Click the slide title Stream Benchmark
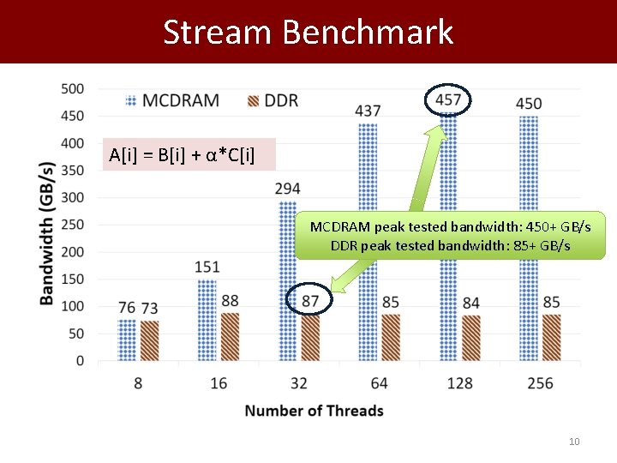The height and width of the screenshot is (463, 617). [308, 32]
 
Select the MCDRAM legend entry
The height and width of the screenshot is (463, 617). [171, 100]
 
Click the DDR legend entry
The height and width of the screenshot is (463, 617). [272, 100]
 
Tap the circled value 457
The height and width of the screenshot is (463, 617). [448, 100]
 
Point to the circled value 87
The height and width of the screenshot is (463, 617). [310, 300]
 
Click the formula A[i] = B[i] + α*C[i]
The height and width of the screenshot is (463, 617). [182, 155]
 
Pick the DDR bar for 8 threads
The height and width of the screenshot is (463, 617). [149, 340]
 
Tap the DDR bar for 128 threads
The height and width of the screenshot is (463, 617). [470, 338]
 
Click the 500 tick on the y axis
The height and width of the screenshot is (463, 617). [72, 88]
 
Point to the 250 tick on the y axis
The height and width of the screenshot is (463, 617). [72, 225]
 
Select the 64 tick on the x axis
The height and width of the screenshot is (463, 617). [380, 383]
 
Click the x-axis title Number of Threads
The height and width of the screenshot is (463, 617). [314, 411]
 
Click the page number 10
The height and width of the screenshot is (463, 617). [574, 442]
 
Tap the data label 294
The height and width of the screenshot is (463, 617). [288, 188]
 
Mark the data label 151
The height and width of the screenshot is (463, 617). [207, 268]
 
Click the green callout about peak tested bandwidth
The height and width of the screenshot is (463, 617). [450, 236]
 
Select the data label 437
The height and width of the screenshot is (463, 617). [368, 111]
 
